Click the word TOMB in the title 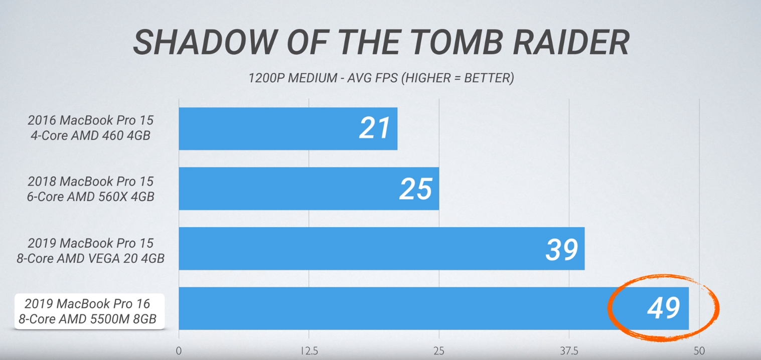(x=456, y=43)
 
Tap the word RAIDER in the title (x=571, y=43)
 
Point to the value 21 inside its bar (x=375, y=128)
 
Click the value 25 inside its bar (x=416, y=189)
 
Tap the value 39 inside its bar (x=561, y=249)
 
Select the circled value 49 (x=663, y=308)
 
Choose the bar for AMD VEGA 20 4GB (x=351, y=249)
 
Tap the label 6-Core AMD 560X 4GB (x=90, y=197)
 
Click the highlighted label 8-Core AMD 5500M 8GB (x=87, y=318)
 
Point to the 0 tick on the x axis (x=179, y=351)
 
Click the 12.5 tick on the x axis (x=309, y=351)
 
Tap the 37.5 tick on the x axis (x=569, y=351)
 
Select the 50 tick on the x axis (x=699, y=351)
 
